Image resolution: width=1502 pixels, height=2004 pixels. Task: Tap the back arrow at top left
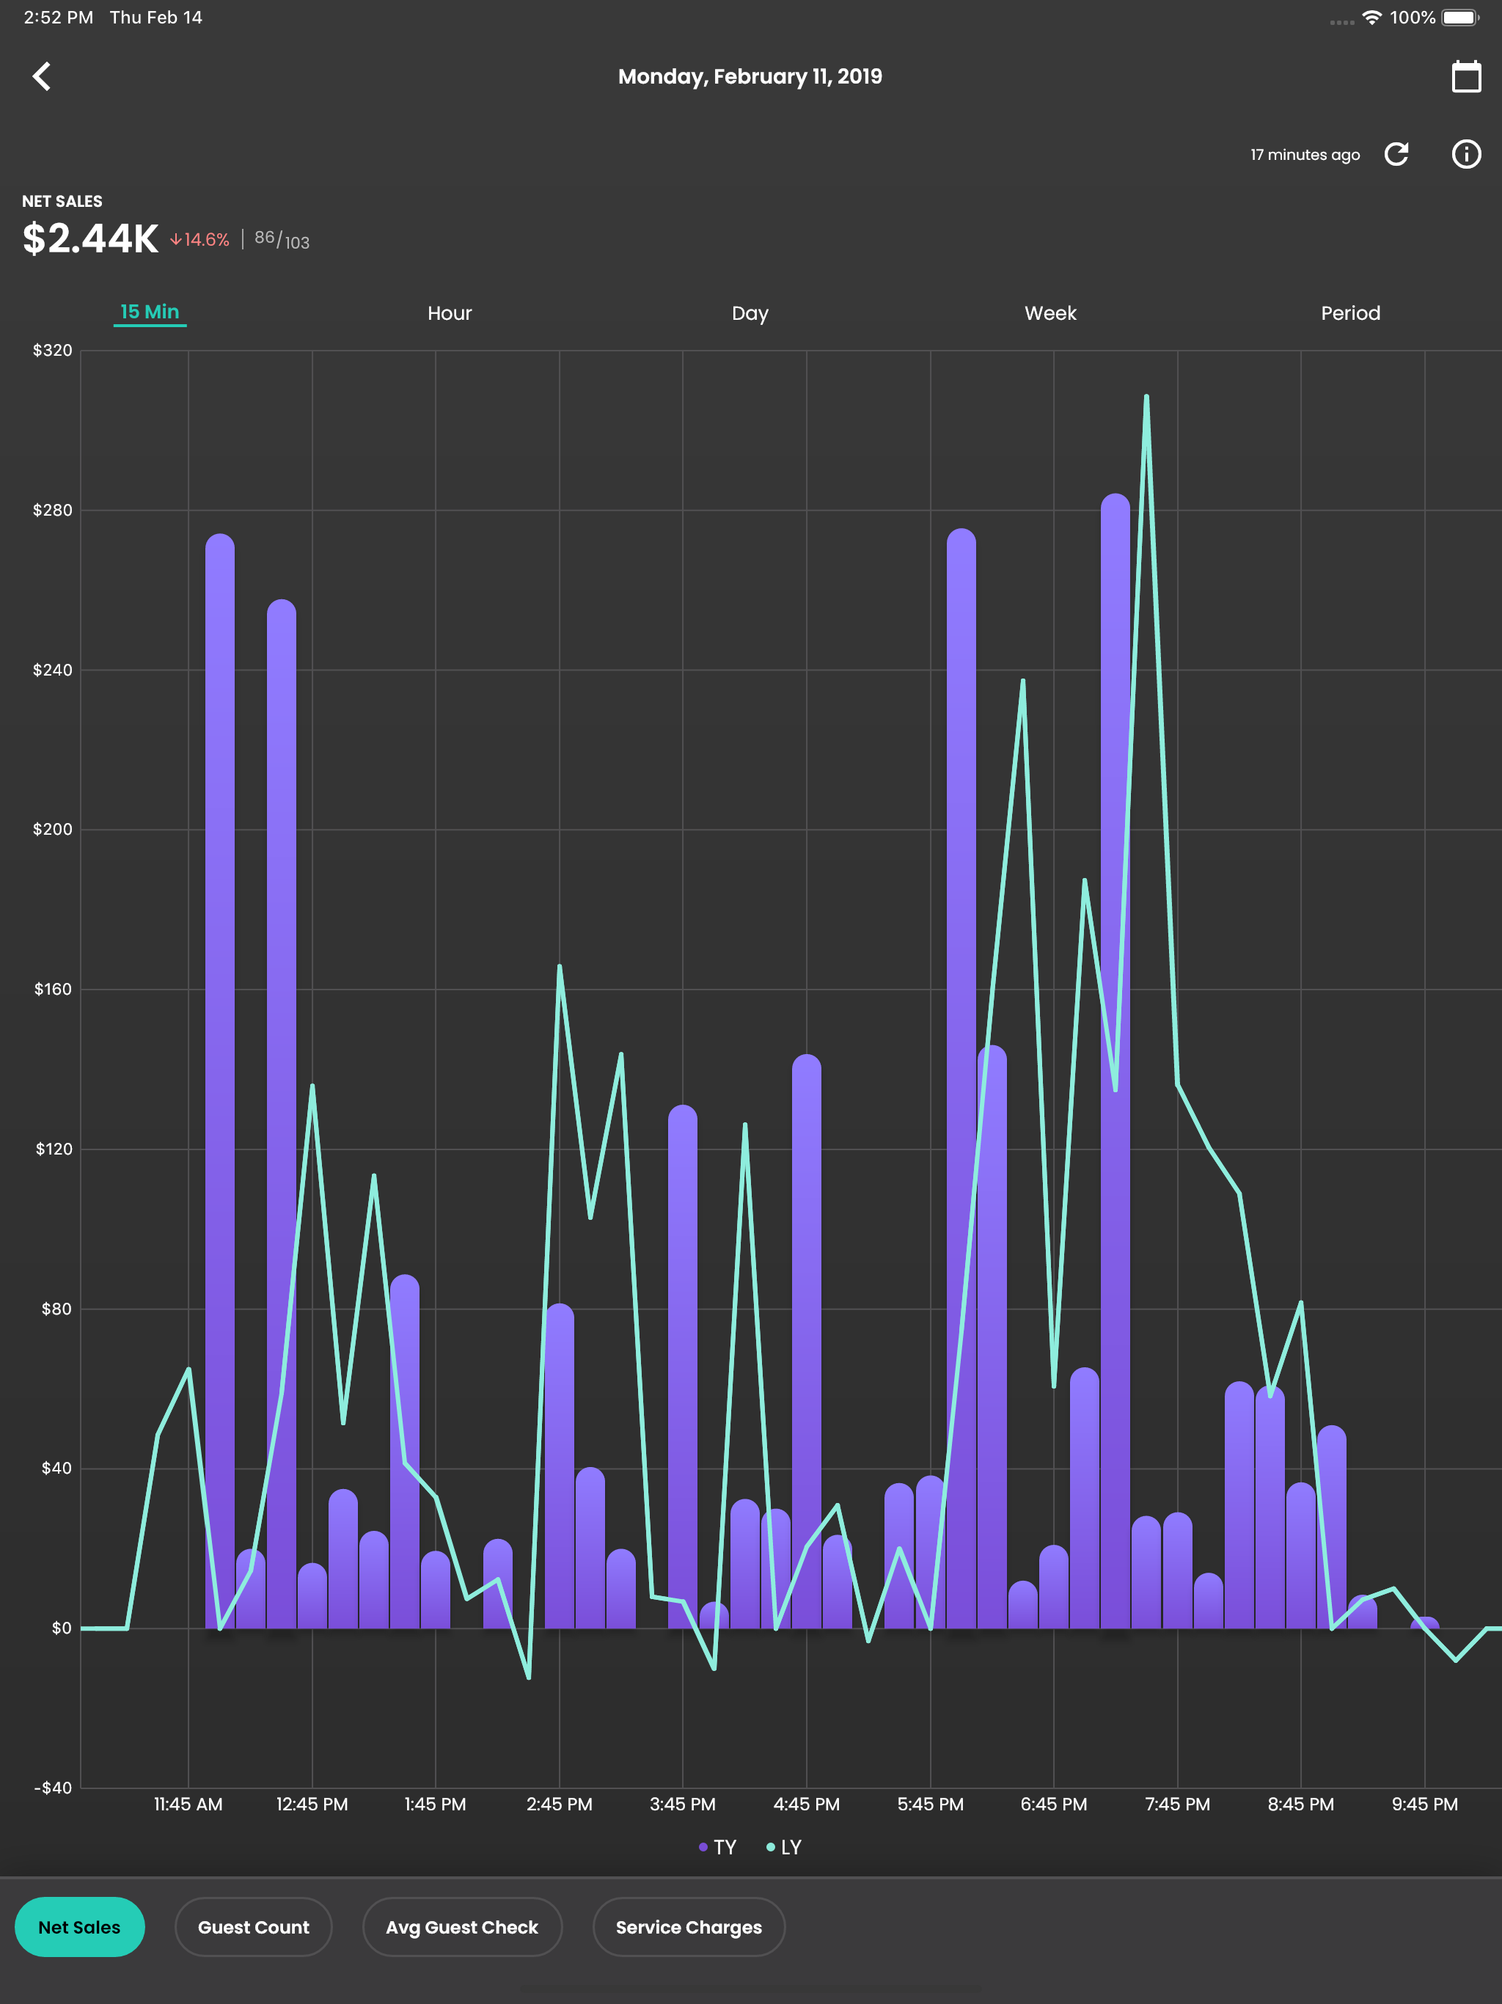[x=42, y=76]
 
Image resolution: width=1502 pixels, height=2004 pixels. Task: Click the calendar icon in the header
[x=1466, y=76]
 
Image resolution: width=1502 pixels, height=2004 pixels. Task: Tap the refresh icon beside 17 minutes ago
[x=1396, y=154]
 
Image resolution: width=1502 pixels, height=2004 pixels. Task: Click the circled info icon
[x=1466, y=154]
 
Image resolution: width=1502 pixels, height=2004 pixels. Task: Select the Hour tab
[x=450, y=313]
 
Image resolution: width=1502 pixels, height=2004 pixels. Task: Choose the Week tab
[x=1050, y=313]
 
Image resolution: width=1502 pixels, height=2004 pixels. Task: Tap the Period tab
[x=1349, y=313]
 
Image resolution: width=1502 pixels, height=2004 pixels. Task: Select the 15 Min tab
[x=150, y=312]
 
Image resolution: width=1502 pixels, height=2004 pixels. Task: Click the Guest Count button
[x=254, y=1927]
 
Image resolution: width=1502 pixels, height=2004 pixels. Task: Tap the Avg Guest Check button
[x=462, y=1927]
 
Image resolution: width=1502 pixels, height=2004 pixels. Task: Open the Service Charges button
[x=689, y=1927]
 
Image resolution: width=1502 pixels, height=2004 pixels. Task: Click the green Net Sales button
[x=80, y=1927]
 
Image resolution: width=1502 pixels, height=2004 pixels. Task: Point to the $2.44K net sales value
[x=91, y=238]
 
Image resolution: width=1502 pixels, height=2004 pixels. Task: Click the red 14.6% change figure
[x=200, y=239]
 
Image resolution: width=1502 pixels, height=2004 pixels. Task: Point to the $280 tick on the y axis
[x=53, y=510]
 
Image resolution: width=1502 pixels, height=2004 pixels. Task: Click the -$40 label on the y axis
[x=53, y=1788]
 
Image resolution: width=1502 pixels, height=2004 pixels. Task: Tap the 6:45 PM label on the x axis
[x=1054, y=1804]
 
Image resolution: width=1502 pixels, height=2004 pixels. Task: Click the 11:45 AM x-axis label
[x=188, y=1804]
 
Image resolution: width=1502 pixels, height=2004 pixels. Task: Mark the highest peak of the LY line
[x=1146, y=396]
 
